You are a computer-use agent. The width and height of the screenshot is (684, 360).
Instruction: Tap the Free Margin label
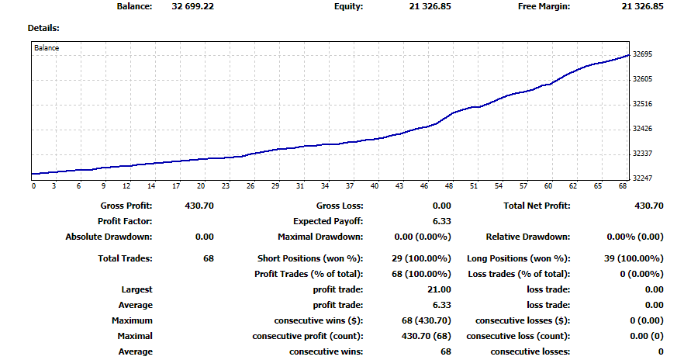[544, 7]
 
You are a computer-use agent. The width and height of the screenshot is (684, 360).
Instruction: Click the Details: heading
[43, 28]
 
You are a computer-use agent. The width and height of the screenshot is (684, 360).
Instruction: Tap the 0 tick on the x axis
[33, 186]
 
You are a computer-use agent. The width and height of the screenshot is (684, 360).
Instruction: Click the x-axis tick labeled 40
[375, 186]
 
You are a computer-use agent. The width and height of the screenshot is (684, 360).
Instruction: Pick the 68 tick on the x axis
[623, 186]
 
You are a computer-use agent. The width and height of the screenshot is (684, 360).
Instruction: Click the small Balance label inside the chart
[47, 48]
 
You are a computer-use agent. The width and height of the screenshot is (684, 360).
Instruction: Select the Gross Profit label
[126, 206]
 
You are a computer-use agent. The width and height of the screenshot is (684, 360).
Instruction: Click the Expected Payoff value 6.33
[442, 221]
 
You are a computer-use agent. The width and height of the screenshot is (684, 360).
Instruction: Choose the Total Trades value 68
[208, 258]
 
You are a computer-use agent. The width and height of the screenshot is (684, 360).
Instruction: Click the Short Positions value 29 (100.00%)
[422, 258]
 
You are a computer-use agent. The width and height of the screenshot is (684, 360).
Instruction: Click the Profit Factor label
[126, 221]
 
